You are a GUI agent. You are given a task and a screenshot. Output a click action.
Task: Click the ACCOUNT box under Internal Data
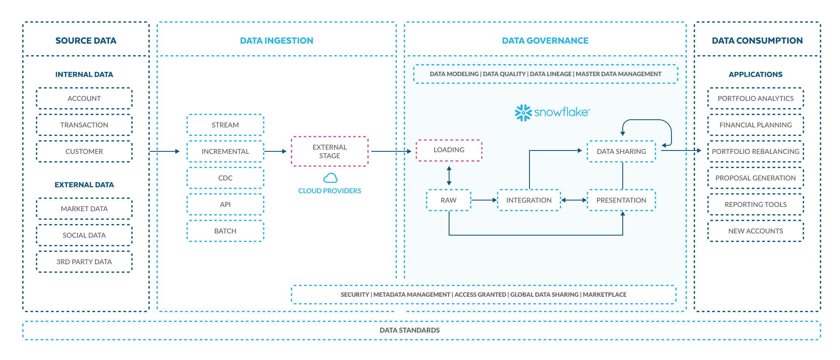click(x=84, y=98)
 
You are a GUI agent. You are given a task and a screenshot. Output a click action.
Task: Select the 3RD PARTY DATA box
click(x=84, y=262)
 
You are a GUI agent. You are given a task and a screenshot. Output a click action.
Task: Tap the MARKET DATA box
click(x=84, y=209)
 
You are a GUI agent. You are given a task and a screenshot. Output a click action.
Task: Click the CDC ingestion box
click(x=225, y=178)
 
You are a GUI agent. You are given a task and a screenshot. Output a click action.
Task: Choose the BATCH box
click(x=225, y=231)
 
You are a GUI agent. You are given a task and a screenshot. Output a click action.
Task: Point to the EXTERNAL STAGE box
click(x=330, y=151)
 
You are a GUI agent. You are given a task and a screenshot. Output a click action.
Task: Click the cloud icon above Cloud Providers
click(x=330, y=178)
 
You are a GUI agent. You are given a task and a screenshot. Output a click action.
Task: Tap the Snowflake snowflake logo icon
click(x=523, y=112)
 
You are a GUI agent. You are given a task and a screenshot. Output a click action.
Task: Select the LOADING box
click(x=449, y=150)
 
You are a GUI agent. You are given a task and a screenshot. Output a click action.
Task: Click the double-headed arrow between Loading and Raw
click(x=449, y=176)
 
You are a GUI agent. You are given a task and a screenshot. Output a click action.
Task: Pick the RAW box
click(x=449, y=200)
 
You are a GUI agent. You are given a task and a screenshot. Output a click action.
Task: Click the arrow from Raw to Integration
click(x=484, y=200)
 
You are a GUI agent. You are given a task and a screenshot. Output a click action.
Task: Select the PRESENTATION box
click(x=621, y=200)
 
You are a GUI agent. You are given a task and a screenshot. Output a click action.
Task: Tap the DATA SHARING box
click(x=621, y=151)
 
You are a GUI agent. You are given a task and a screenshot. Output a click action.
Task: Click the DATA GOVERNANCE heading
click(x=545, y=41)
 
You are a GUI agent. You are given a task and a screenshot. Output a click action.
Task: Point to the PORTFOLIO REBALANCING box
click(x=756, y=151)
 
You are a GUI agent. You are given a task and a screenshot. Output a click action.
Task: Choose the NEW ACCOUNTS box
click(x=756, y=231)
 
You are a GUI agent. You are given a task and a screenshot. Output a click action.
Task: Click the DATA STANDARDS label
click(x=410, y=330)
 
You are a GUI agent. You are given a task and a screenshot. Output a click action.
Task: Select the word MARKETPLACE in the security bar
click(x=604, y=295)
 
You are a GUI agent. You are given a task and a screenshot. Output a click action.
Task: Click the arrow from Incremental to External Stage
click(x=275, y=151)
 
